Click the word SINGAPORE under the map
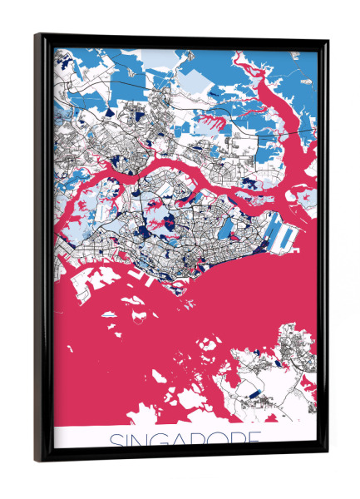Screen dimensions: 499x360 (x=184, y=438)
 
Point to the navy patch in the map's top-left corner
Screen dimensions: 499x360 (x=58, y=57)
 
